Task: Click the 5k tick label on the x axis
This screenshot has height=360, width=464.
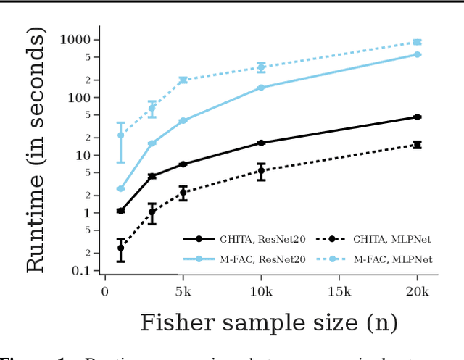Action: pos(183,290)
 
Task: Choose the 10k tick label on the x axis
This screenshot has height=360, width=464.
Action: pos(261,290)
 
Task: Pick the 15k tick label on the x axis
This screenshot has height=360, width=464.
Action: pos(339,290)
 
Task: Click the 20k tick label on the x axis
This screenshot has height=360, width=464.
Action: pos(417,290)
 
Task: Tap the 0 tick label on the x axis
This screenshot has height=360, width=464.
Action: pos(105,290)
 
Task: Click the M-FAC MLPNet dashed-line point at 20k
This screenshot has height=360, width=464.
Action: pos(417,42)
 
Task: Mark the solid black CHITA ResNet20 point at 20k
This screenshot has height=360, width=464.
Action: pos(417,117)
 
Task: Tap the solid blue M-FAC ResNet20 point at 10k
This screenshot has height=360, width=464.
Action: pos(261,88)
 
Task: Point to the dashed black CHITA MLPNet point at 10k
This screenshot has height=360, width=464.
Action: pos(261,172)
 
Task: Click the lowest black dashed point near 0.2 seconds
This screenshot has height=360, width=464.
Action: pos(120,248)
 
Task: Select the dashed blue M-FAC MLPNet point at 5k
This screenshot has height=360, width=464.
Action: pos(183,80)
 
